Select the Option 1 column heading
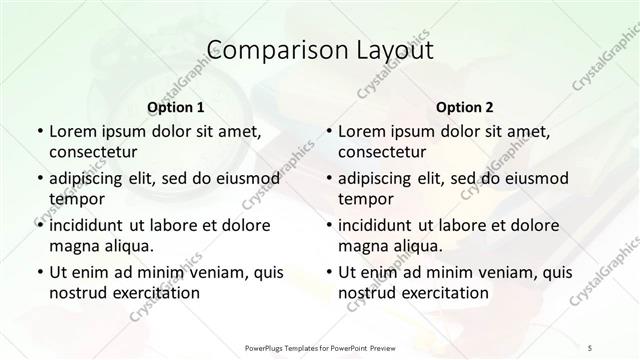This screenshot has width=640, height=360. click(176, 107)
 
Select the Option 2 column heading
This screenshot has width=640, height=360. click(465, 107)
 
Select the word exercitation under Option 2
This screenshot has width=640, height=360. click(444, 292)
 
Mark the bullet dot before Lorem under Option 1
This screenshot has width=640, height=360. click(39, 133)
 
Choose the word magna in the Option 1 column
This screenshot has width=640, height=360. click(72, 245)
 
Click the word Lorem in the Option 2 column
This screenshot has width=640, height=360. click(360, 132)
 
